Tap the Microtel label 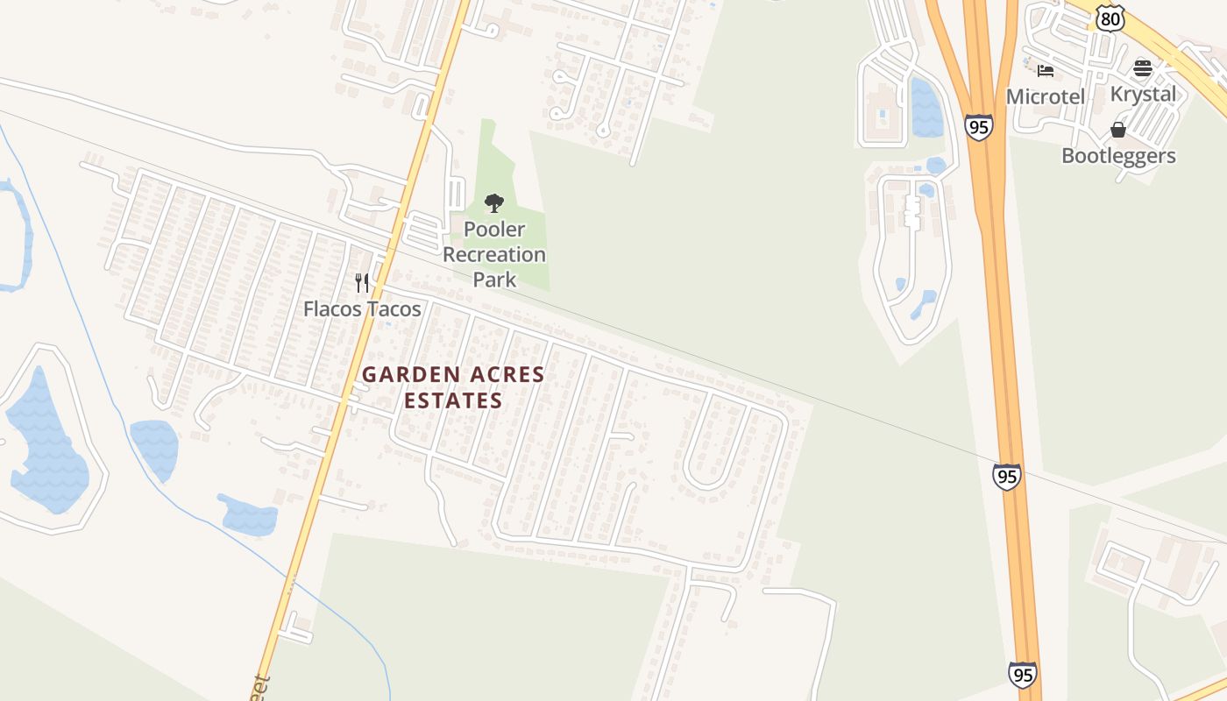click(1046, 96)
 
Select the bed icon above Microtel click(1045, 70)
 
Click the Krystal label click(1143, 94)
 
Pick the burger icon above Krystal click(1142, 68)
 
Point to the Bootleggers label click(1118, 156)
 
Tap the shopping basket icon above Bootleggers click(1117, 130)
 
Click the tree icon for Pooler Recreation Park click(494, 203)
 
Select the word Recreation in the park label click(494, 255)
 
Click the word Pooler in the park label click(494, 230)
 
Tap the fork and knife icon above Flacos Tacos click(362, 282)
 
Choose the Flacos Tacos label click(362, 309)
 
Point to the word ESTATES click(453, 401)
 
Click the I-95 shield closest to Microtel click(979, 126)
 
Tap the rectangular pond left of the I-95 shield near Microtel click(926, 107)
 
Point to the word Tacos click(394, 309)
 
